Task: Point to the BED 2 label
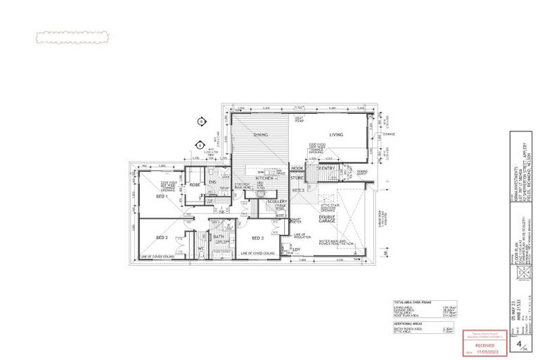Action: coord(162,231)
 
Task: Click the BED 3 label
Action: coord(257,238)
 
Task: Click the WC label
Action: coord(200,247)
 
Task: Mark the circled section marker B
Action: coord(200,121)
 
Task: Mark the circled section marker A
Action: coord(200,145)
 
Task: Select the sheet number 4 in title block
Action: coord(520,345)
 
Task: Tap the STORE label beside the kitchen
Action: coord(297,179)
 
